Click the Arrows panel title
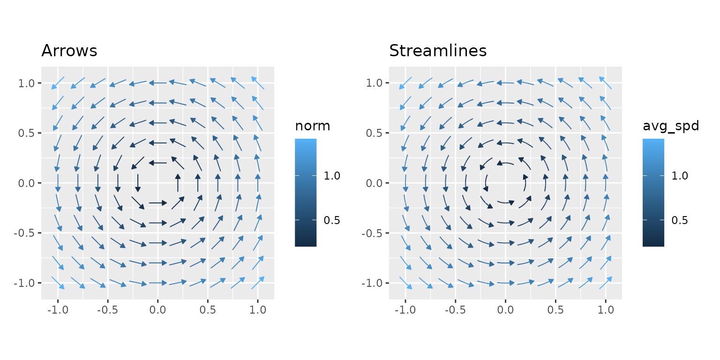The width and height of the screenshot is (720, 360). [69, 51]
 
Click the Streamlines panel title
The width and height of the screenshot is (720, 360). [438, 51]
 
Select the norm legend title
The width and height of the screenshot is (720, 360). [313, 126]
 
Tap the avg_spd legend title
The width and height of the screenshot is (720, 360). [671, 126]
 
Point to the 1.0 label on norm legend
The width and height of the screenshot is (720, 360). [332, 176]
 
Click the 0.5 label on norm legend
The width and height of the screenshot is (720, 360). [332, 220]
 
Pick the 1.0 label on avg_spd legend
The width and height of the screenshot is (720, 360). [680, 176]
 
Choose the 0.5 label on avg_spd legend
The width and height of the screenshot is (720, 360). [680, 220]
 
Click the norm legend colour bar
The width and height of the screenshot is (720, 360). [306, 192]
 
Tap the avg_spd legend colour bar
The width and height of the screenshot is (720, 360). [653, 192]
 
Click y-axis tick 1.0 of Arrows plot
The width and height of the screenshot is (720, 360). [27, 83]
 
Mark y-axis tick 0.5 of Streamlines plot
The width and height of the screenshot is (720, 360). [375, 133]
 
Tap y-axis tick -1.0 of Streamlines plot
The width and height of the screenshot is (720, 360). [373, 283]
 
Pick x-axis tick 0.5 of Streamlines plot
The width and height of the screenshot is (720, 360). [555, 310]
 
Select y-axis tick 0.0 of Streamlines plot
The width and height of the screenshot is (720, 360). [375, 183]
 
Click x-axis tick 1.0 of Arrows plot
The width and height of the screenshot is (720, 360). [258, 310]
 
